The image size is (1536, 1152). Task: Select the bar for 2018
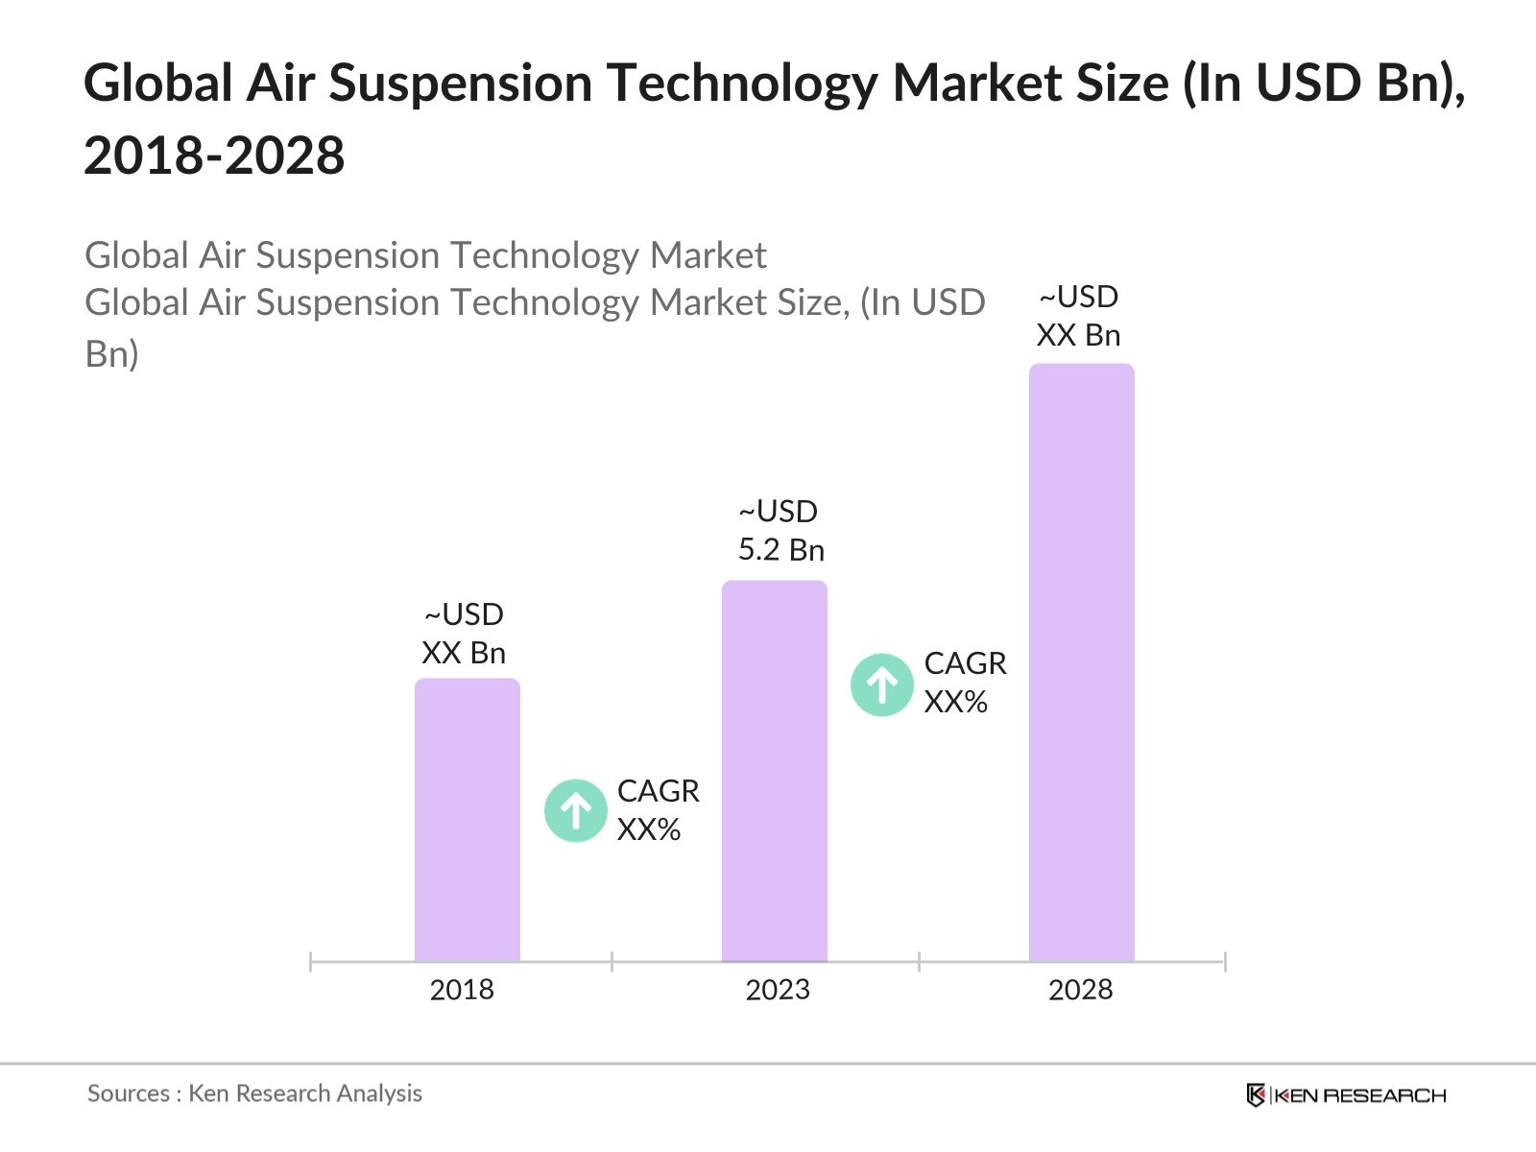(x=468, y=820)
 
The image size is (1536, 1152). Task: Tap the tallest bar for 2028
(x=1082, y=662)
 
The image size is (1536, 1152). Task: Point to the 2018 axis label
(x=462, y=990)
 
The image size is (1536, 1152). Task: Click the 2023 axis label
(x=778, y=990)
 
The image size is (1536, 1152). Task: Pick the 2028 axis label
(x=1080, y=990)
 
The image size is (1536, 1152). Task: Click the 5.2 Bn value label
(x=780, y=550)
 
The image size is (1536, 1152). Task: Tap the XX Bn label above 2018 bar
(x=464, y=653)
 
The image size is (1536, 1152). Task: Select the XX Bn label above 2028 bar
(x=1078, y=335)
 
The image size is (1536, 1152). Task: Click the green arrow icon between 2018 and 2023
(x=576, y=811)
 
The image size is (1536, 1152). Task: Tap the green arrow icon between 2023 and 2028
(x=882, y=684)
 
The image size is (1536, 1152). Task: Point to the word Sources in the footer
(x=129, y=1093)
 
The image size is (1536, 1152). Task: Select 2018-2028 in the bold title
(x=214, y=156)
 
